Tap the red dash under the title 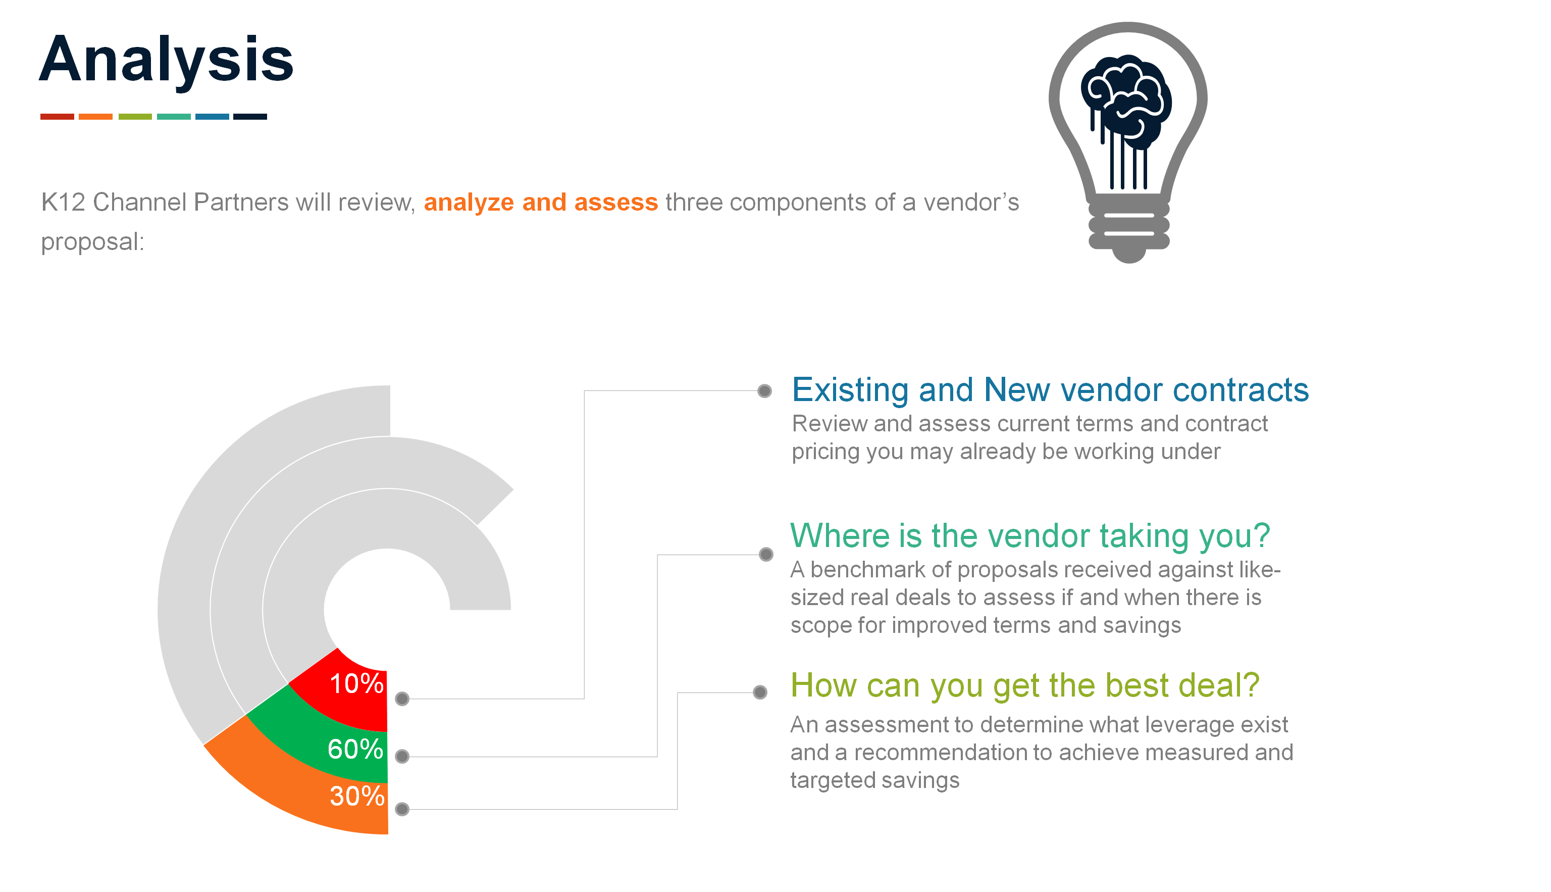pos(57,116)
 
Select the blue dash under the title pos(212,116)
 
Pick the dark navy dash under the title pos(250,116)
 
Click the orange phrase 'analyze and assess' pos(541,202)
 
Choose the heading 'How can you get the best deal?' pos(1025,685)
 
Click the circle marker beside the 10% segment pos(402,699)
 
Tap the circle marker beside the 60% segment pos(402,757)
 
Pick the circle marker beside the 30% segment pos(402,809)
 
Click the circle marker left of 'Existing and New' pos(764,391)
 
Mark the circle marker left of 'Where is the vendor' pos(766,555)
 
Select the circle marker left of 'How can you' pos(760,692)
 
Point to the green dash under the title pos(135,116)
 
